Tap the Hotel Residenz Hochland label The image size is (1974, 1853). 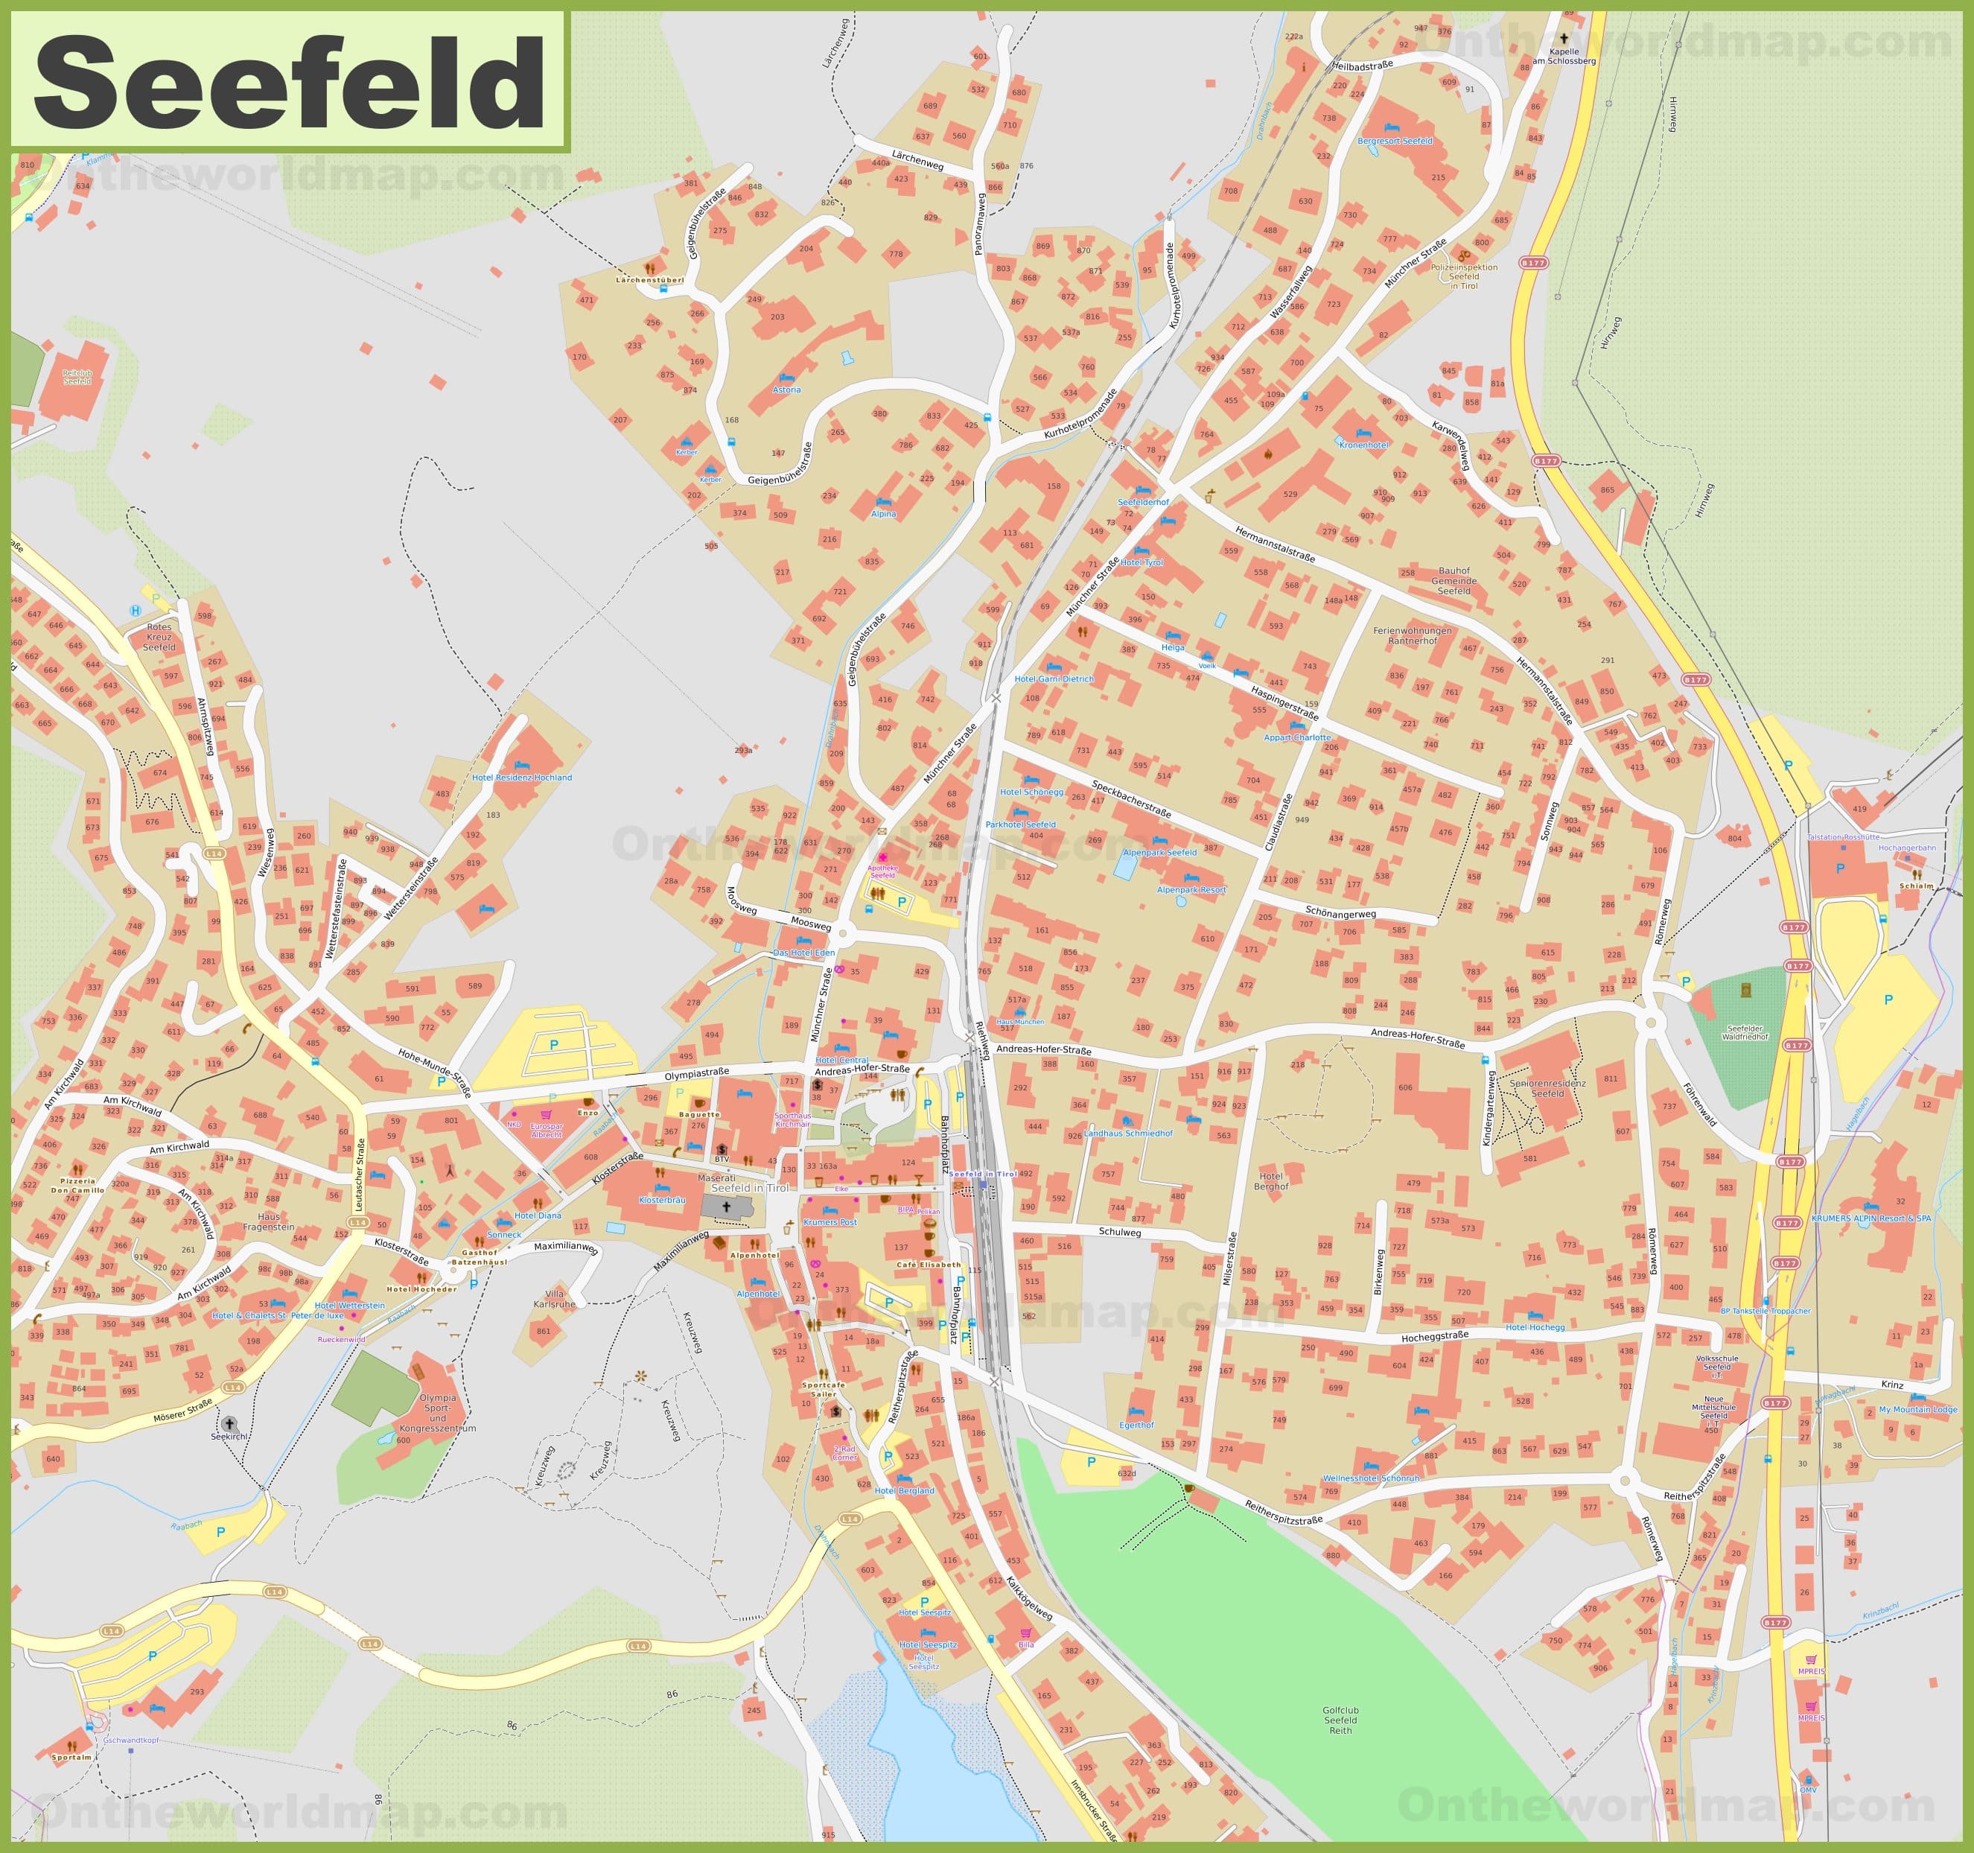pyautogui.click(x=521, y=778)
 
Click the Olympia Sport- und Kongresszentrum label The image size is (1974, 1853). pyautogui.click(x=437, y=1412)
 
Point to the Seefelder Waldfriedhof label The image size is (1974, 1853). pyautogui.click(x=1759, y=1033)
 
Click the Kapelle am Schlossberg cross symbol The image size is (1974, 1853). pyautogui.click(x=1564, y=38)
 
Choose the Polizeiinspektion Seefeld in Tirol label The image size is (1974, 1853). pyautogui.click(x=1464, y=276)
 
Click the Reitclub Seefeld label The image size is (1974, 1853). pyautogui.click(x=77, y=378)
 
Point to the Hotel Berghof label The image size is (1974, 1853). pyautogui.click(x=1271, y=1182)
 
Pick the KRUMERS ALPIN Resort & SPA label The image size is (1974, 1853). pyautogui.click(x=1870, y=1218)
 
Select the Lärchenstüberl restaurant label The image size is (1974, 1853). pyautogui.click(x=650, y=280)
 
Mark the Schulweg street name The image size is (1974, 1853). pyautogui.click(x=1120, y=1233)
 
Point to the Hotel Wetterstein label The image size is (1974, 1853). pyautogui.click(x=348, y=1305)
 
